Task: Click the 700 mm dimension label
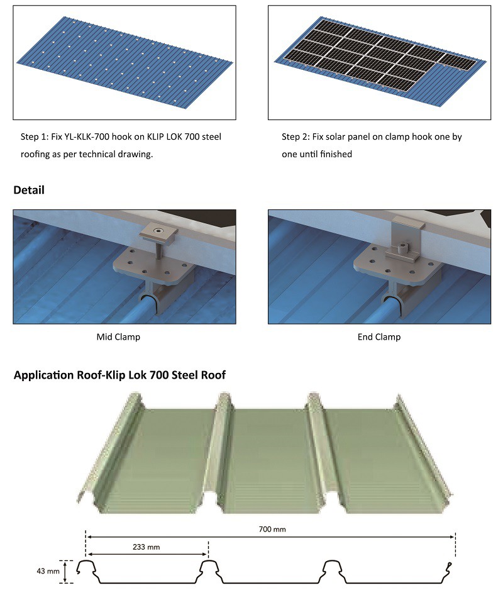[x=272, y=529]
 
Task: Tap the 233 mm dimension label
[x=146, y=547]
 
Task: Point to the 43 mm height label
[x=48, y=570]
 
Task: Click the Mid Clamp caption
[x=118, y=337]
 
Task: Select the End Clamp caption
[x=379, y=337]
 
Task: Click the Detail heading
[x=29, y=190]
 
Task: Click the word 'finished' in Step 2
[x=336, y=154]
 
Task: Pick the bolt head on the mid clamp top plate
[x=157, y=231]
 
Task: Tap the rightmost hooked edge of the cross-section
[x=449, y=567]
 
